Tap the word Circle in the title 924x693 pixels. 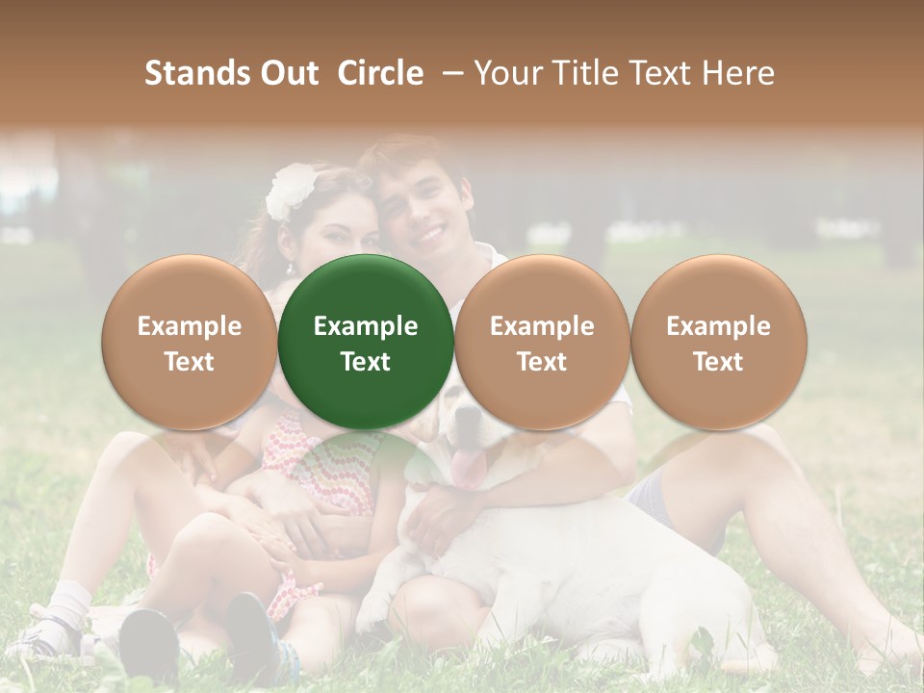[x=380, y=73]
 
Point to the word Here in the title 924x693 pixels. [x=739, y=73]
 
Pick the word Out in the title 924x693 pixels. [x=287, y=73]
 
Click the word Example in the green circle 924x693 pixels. [x=366, y=326]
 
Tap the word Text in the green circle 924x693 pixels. [x=366, y=362]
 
